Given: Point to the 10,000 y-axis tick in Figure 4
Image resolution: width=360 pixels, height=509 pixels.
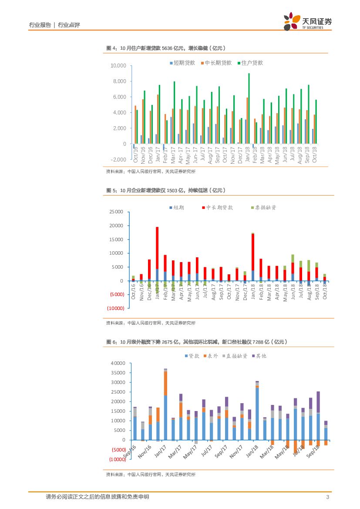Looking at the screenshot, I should (x=118, y=66).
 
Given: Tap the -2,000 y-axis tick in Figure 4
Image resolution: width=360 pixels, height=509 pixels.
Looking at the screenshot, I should (x=118, y=160).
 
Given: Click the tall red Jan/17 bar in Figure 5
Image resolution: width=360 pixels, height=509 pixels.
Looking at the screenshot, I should (x=157, y=248).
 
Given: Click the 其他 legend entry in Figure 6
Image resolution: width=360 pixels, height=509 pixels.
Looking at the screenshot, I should (x=259, y=356).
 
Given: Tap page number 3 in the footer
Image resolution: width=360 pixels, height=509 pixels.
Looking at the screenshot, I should (x=327, y=497).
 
